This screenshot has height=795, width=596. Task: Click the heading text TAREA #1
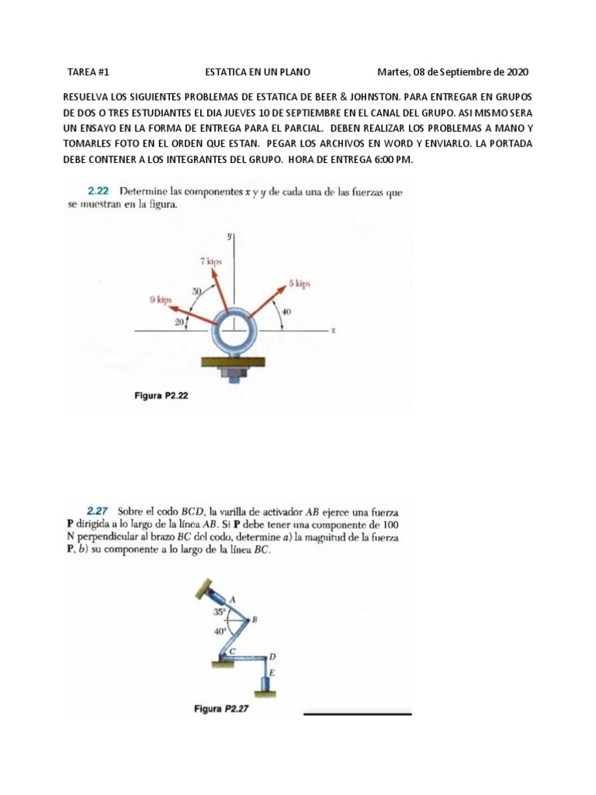click(88, 72)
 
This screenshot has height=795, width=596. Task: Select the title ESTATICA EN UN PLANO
click(257, 72)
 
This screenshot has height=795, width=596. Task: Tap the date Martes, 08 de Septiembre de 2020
click(452, 72)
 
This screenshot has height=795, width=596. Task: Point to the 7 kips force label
click(210, 262)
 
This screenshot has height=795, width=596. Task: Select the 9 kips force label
click(161, 298)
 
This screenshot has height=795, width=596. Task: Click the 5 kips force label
click(300, 284)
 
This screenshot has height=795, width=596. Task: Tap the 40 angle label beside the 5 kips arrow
click(286, 311)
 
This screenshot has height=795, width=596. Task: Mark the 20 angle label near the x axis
click(179, 322)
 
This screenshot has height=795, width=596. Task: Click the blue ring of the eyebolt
click(232, 329)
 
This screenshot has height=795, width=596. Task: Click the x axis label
click(333, 331)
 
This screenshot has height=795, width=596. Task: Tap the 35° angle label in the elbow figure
click(220, 612)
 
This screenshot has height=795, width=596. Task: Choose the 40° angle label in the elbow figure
click(220, 631)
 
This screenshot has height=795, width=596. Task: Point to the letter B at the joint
click(255, 620)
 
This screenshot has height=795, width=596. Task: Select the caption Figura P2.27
click(224, 708)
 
